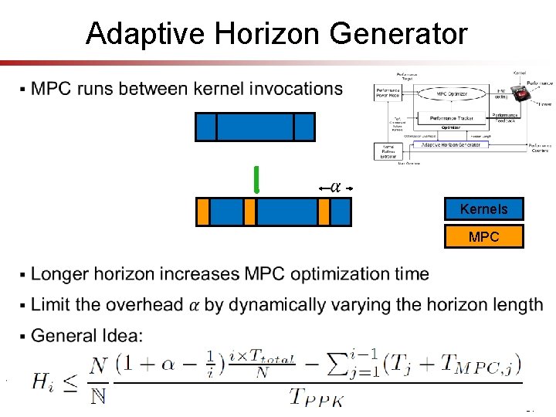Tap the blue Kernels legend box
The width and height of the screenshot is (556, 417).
[483, 209]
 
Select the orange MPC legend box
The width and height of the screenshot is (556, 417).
[483, 237]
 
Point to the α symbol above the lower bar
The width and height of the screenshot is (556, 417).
[336, 187]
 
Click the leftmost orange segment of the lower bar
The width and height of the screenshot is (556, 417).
[202, 212]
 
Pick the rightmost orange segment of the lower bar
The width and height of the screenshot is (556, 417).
[324, 212]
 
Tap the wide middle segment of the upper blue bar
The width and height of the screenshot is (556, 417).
[255, 127]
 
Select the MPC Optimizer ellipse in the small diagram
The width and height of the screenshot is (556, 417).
[452, 94]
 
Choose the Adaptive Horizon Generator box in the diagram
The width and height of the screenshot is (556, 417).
[450, 144]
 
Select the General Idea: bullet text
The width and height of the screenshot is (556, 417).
[86, 336]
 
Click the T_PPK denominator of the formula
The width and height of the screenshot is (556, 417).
[317, 397]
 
